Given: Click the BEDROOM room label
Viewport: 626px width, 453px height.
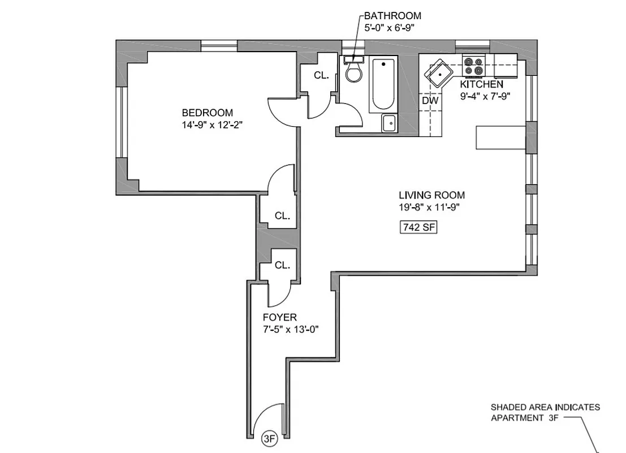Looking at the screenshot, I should (x=207, y=113).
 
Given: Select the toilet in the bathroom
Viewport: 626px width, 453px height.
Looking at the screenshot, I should (x=354, y=72).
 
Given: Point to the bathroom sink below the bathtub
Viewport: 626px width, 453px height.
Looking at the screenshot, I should (x=388, y=123).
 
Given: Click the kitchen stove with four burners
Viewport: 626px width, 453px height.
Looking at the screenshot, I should (x=473, y=66).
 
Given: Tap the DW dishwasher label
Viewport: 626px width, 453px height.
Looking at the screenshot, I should (x=430, y=100).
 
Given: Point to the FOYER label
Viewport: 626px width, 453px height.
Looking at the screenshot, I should (x=279, y=318).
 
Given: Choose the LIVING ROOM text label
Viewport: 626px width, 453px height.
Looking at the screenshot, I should (x=431, y=195).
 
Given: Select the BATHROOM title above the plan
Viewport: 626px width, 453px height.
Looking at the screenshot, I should (x=392, y=16).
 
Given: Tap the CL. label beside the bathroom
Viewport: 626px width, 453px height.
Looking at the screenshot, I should (x=321, y=75).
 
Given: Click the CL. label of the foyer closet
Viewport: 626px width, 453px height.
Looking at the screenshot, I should (x=282, y=264).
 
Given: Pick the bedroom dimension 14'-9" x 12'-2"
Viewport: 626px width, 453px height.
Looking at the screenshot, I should (x=212, y=125).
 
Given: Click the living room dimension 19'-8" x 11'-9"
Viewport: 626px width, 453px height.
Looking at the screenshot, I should (x=429, y=207).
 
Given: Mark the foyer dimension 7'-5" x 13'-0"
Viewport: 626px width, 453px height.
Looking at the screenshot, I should (x=290, y=330).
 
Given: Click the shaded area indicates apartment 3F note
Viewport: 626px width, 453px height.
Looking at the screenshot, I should (x=545, y=412).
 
